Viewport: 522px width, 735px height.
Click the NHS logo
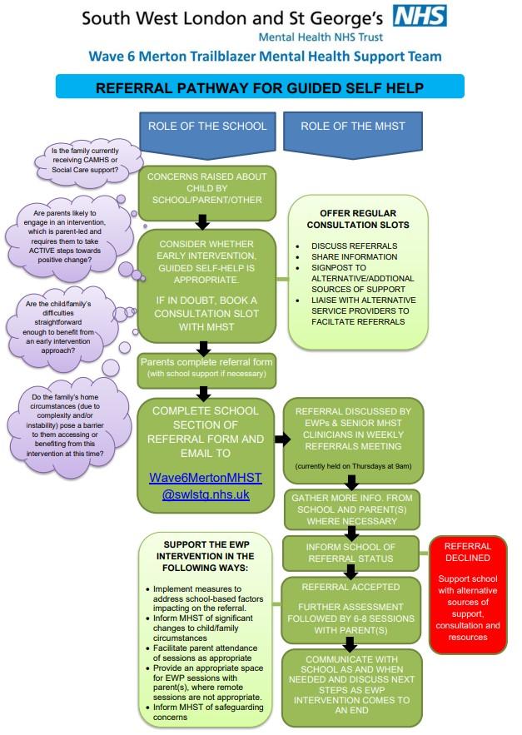(420, 16)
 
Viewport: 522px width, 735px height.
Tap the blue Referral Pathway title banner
(259, 87)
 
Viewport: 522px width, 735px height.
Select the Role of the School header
(207, 127)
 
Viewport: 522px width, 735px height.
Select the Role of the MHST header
(352, 127)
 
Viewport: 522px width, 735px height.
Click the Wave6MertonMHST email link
(206, 485)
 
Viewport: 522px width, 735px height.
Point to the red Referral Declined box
(468, 594)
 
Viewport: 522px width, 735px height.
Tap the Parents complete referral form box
(206, 368)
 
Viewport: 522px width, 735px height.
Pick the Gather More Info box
(352, 509)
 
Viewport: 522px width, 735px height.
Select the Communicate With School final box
(352, 688)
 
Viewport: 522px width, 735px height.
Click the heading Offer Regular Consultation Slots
(358, 219)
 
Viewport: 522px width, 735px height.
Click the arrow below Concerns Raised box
(201, 221)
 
